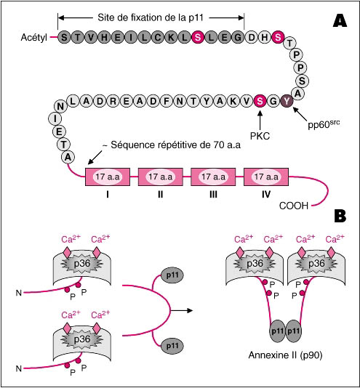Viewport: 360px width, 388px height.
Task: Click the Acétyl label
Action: pyautogui.click(x=34, y=38)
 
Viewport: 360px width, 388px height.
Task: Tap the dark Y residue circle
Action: pyautogui.click(x=287, y=101)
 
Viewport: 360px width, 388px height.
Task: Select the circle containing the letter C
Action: pyautogui.click(x=158, y=37)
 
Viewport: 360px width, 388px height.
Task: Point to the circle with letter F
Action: pyautogui.click(x=167, y=101)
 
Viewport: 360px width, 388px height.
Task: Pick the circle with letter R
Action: pyautogui.click(x=113, y=101)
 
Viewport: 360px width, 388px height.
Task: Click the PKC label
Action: pyautogui.click(x=260, y=136)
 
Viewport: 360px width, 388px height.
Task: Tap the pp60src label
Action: pyautogui.click(x=324, y=124)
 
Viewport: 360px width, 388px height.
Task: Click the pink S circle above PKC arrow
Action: pyautogui.click(x=260, y=101)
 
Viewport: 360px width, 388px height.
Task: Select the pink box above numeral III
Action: pyautogui.click(x=213, y=177)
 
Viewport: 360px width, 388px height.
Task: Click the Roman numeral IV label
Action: pyautogui.click(x=266, y=195)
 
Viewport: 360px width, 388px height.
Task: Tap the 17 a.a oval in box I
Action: pyautogui.click(x=108, y=177)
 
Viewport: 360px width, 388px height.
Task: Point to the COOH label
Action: pyautogui.click(x=294, y=206)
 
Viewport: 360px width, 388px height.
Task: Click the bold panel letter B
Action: pyautogui.click(x=340, y=216)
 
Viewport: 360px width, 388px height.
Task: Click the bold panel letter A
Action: pyautogui.click(x=340, y=20)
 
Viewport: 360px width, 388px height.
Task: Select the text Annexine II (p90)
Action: pyautogui.click(x=285, y=355)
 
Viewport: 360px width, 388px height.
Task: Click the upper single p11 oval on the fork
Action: pyautogui.click(x=172, y=275)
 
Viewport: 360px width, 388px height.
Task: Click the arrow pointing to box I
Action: pyautogui.click(x=95, y=157)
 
